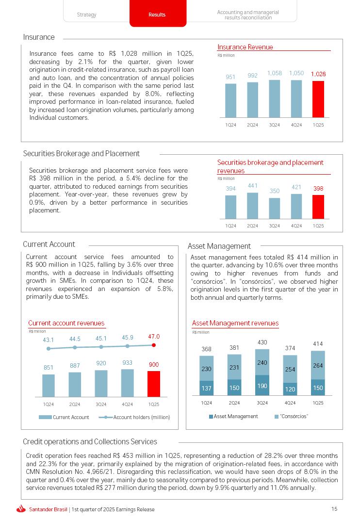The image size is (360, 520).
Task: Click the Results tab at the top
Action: click(157, 15)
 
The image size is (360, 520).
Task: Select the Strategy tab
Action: click(87, 15)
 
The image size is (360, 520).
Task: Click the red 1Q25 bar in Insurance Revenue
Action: click(318, 99)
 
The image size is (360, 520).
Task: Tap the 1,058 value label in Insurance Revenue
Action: click(275, 73)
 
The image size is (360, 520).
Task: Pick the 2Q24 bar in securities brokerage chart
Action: click(252, 206)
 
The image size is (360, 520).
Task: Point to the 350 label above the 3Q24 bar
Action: click(275, 191)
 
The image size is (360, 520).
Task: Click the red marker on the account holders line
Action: click(154, 345)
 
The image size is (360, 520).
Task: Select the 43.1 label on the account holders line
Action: click(48, 340)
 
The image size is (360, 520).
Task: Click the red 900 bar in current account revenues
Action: click(154, 384)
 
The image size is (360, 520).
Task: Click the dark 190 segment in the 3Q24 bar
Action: click(262, 386)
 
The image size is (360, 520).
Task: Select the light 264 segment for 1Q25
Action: click(318, 365)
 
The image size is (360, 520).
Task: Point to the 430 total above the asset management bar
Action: click(262, 342)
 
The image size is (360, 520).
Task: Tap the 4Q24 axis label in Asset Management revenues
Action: click(290, 403)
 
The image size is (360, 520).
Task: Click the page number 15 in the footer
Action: click(334, 509)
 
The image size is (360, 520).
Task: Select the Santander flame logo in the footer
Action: click(21, 509)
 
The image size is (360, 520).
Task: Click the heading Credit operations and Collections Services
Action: click(90, 441)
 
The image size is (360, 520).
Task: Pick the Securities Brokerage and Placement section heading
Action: click(82, 153)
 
